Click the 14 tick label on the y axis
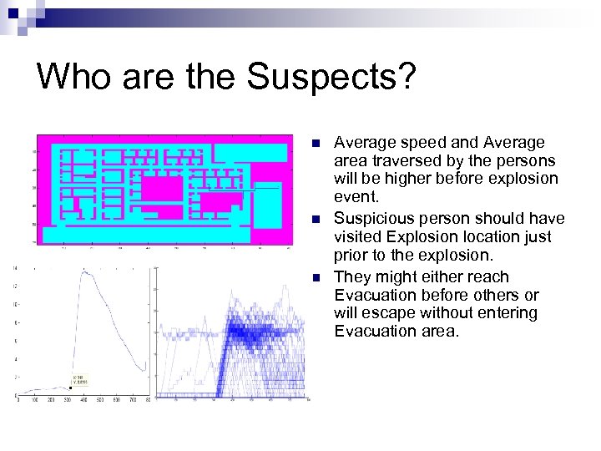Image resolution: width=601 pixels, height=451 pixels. pyautogui.click(x=14, y=267)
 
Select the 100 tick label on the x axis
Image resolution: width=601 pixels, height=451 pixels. pyautogui.click(x=34, y=401)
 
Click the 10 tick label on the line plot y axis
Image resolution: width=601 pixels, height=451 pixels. pyautogui.click(x=14, y=304)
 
